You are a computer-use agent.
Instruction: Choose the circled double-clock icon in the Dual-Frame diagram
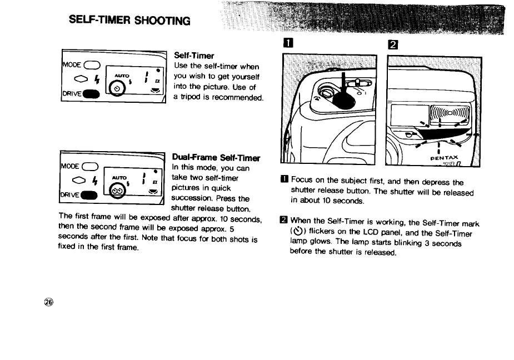tap(117, 192)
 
